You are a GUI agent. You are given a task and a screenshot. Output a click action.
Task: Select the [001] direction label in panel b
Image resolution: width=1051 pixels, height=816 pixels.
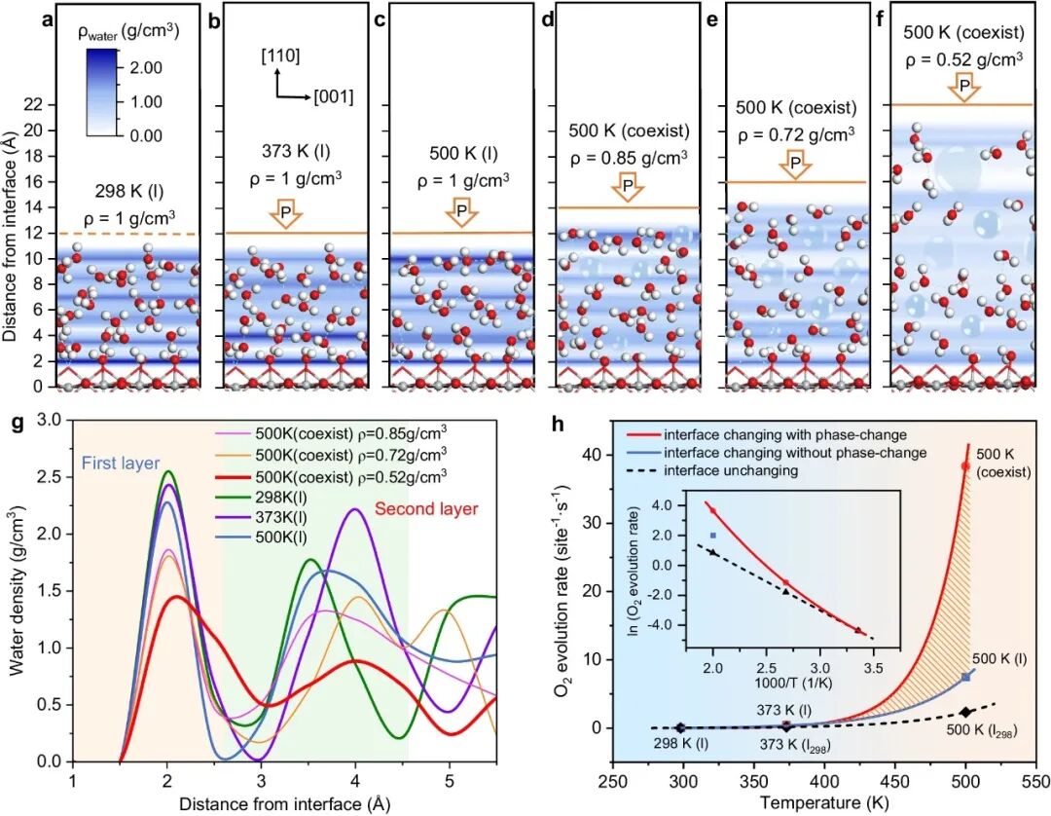click(333, 97)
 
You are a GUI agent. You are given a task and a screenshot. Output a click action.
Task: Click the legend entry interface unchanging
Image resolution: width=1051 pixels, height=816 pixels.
click(746, 470)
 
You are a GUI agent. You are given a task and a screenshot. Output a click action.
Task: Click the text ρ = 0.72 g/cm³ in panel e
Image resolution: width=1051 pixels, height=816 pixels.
click(795, 135)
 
